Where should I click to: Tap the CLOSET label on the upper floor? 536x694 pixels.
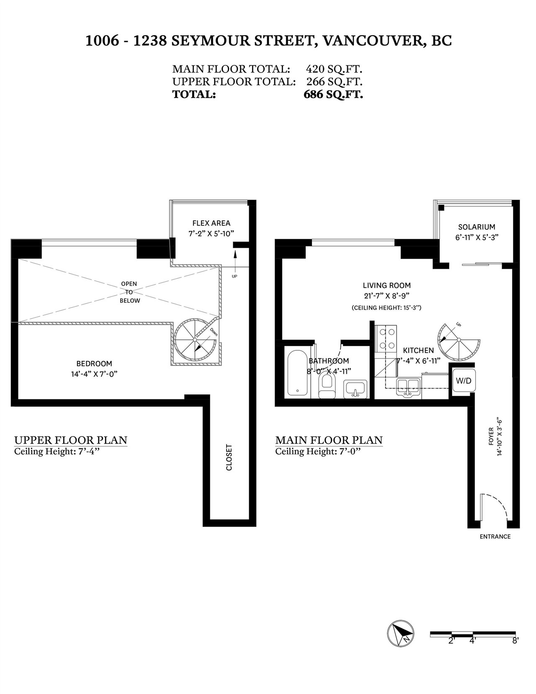tap(229, 457)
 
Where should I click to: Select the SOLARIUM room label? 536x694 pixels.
tap(477, 227)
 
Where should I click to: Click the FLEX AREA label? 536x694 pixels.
tap(211, 223)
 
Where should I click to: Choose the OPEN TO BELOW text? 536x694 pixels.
tap(129, 292)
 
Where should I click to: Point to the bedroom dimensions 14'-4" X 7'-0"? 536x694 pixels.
tap(95, 374)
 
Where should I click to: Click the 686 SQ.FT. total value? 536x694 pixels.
tap(333, 95)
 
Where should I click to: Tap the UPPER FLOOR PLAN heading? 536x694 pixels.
tap(71, 440)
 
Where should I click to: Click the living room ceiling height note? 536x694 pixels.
tap(387, 308)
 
